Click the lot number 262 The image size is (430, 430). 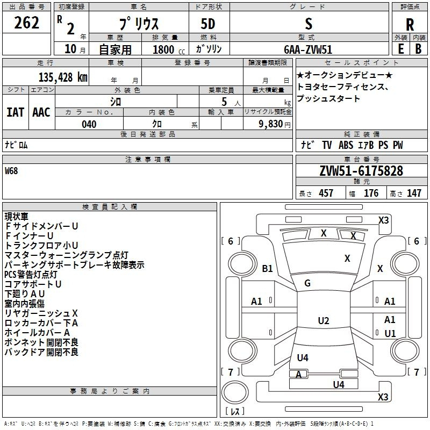pos(26,23)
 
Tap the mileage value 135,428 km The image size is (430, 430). pos(63,77)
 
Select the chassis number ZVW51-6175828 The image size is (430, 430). pos(361,171)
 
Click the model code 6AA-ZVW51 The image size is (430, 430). pos(308,49)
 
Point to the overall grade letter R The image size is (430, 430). pos(410,25)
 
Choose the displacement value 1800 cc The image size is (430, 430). pos(169,49)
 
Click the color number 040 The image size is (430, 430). pos(89,124)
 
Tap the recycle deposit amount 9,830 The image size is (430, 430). pos(271,124)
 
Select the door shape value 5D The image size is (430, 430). pos(208,24)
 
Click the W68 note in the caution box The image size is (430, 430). pos(11,171)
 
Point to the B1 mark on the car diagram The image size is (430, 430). pos(267,268)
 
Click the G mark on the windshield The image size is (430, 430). pos(307,283)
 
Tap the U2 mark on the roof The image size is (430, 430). pos(324,320)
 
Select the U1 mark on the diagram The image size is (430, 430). pos(390,333)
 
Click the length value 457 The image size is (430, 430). pos(326,193)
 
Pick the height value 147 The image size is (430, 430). pos(414,193)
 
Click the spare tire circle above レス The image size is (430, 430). pos(235,392)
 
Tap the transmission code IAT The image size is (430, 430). pos(16,112)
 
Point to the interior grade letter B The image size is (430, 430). pos(418,49)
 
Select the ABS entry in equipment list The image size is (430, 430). pos(346,145)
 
